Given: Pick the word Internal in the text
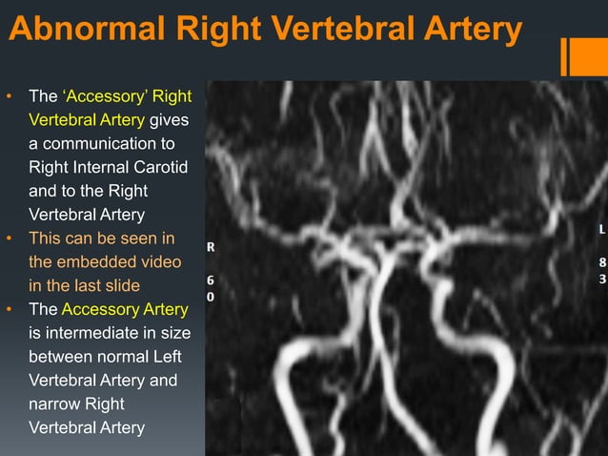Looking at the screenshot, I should pos(107,168).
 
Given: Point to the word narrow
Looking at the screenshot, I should pos(53,404).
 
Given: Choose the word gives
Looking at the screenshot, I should pos(170,120).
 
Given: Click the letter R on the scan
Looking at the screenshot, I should pos(212,246).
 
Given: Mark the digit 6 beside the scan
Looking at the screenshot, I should pos(212,281).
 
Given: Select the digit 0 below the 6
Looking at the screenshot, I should pos(212,298).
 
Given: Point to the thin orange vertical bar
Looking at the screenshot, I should pos(564,56).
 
